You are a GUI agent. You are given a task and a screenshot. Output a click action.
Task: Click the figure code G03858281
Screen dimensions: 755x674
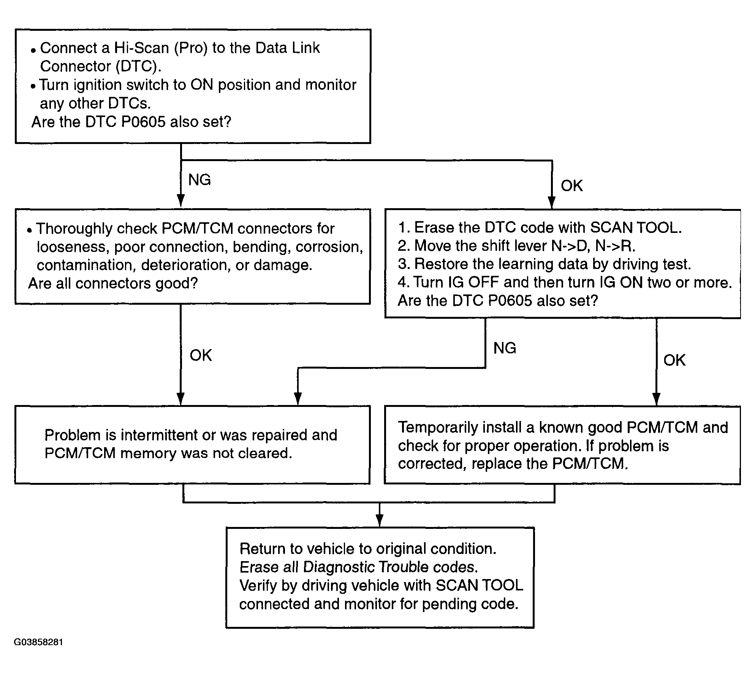[39, 642]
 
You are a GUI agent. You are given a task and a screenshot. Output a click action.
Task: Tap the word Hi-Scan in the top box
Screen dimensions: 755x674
[141, 48]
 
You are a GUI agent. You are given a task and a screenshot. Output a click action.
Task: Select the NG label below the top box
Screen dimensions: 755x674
[199, 180]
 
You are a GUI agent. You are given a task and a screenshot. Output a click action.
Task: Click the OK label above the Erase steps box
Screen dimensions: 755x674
[572, 185]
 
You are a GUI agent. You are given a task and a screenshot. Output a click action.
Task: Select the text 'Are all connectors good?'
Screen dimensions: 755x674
[113, 283]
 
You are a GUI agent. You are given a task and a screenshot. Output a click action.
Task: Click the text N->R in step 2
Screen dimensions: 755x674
[615, 246]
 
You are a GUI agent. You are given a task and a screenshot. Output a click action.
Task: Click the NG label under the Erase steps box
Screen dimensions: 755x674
[505, 348]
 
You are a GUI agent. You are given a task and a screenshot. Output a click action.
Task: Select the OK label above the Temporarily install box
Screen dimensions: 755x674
[674, 360]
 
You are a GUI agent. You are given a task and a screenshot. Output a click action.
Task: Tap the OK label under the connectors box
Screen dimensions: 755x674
[201, 355]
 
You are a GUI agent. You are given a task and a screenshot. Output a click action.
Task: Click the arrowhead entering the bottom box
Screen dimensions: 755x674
[380, 521]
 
